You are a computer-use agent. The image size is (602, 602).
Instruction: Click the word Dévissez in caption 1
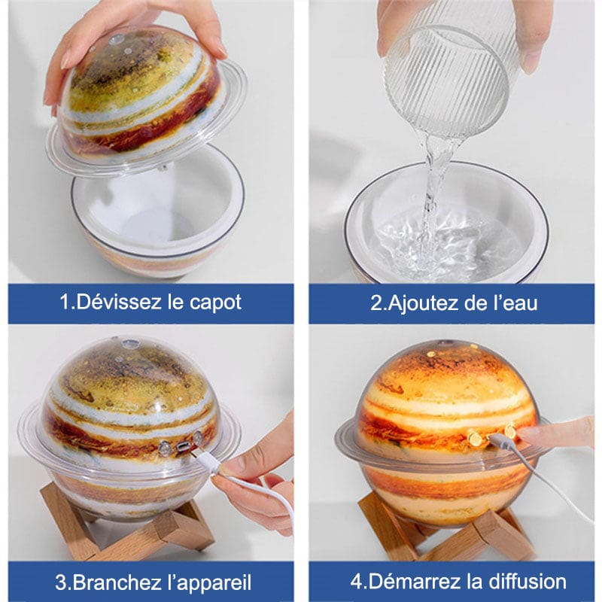119,303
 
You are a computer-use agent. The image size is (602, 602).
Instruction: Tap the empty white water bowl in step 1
157,215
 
